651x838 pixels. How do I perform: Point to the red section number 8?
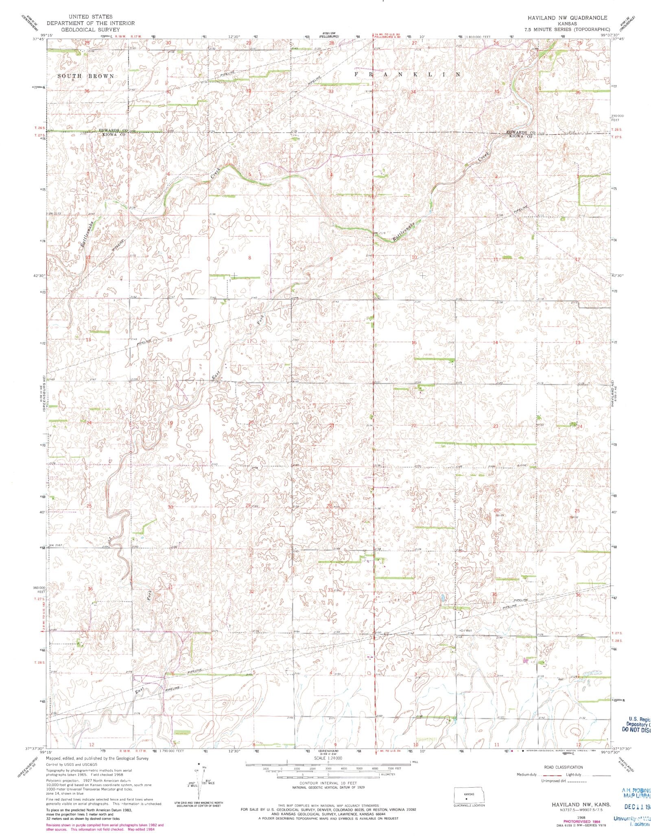(249, 258)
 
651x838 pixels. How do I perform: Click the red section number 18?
(170, 340)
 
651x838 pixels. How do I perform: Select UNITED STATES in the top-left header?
(90, 17)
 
